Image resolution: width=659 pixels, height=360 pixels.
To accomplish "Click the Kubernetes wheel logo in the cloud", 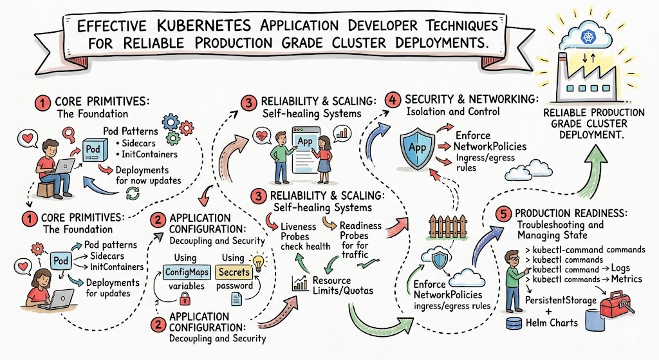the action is (586, 36).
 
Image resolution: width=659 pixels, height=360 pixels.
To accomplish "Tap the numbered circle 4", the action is (393, 100).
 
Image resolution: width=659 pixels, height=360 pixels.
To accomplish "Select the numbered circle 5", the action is (503, 214).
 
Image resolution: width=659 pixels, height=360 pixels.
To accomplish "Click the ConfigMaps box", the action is (187, 272).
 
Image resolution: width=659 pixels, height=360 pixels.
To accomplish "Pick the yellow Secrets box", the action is (234, 272).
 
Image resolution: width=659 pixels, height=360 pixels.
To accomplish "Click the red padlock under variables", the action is (185, 298).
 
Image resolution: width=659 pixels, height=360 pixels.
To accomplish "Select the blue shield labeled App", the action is (417, 149).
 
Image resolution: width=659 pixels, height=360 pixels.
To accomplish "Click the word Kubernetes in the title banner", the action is (203, 26).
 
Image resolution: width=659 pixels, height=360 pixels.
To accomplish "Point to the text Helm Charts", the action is (552, 323).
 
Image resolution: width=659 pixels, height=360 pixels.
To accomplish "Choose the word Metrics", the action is (627, 279).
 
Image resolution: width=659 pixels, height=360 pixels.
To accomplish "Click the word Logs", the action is (620, 268).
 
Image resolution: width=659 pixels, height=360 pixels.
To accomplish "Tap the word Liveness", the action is (299, 226).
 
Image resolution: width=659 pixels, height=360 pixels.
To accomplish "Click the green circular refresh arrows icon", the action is (133, 193).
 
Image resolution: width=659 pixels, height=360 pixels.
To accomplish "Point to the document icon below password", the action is (237, 299).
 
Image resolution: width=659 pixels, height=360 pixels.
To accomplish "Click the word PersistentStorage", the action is (561, 300).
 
